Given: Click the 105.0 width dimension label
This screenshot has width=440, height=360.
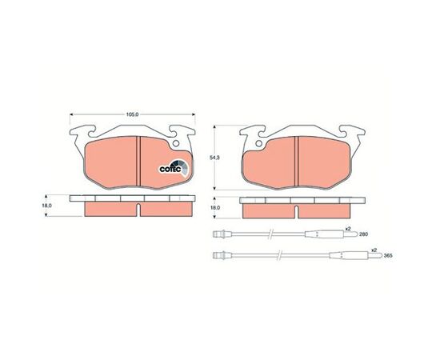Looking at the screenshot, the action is [133, 114].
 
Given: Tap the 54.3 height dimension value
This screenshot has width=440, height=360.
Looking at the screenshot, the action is [214, 158].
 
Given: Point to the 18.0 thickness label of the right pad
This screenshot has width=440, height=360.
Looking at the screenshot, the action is [215, 208].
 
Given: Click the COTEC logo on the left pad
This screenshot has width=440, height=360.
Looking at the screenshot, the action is [174, 167].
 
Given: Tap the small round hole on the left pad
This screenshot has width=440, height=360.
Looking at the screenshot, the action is [176, 143].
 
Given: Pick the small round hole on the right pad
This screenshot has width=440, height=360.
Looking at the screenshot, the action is [258, 143].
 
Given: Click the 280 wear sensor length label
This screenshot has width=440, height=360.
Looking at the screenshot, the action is [363, 234].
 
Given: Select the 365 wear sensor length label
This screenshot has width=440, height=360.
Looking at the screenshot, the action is [387, 256].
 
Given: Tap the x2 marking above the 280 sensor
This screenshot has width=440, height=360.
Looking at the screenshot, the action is [348, 229].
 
